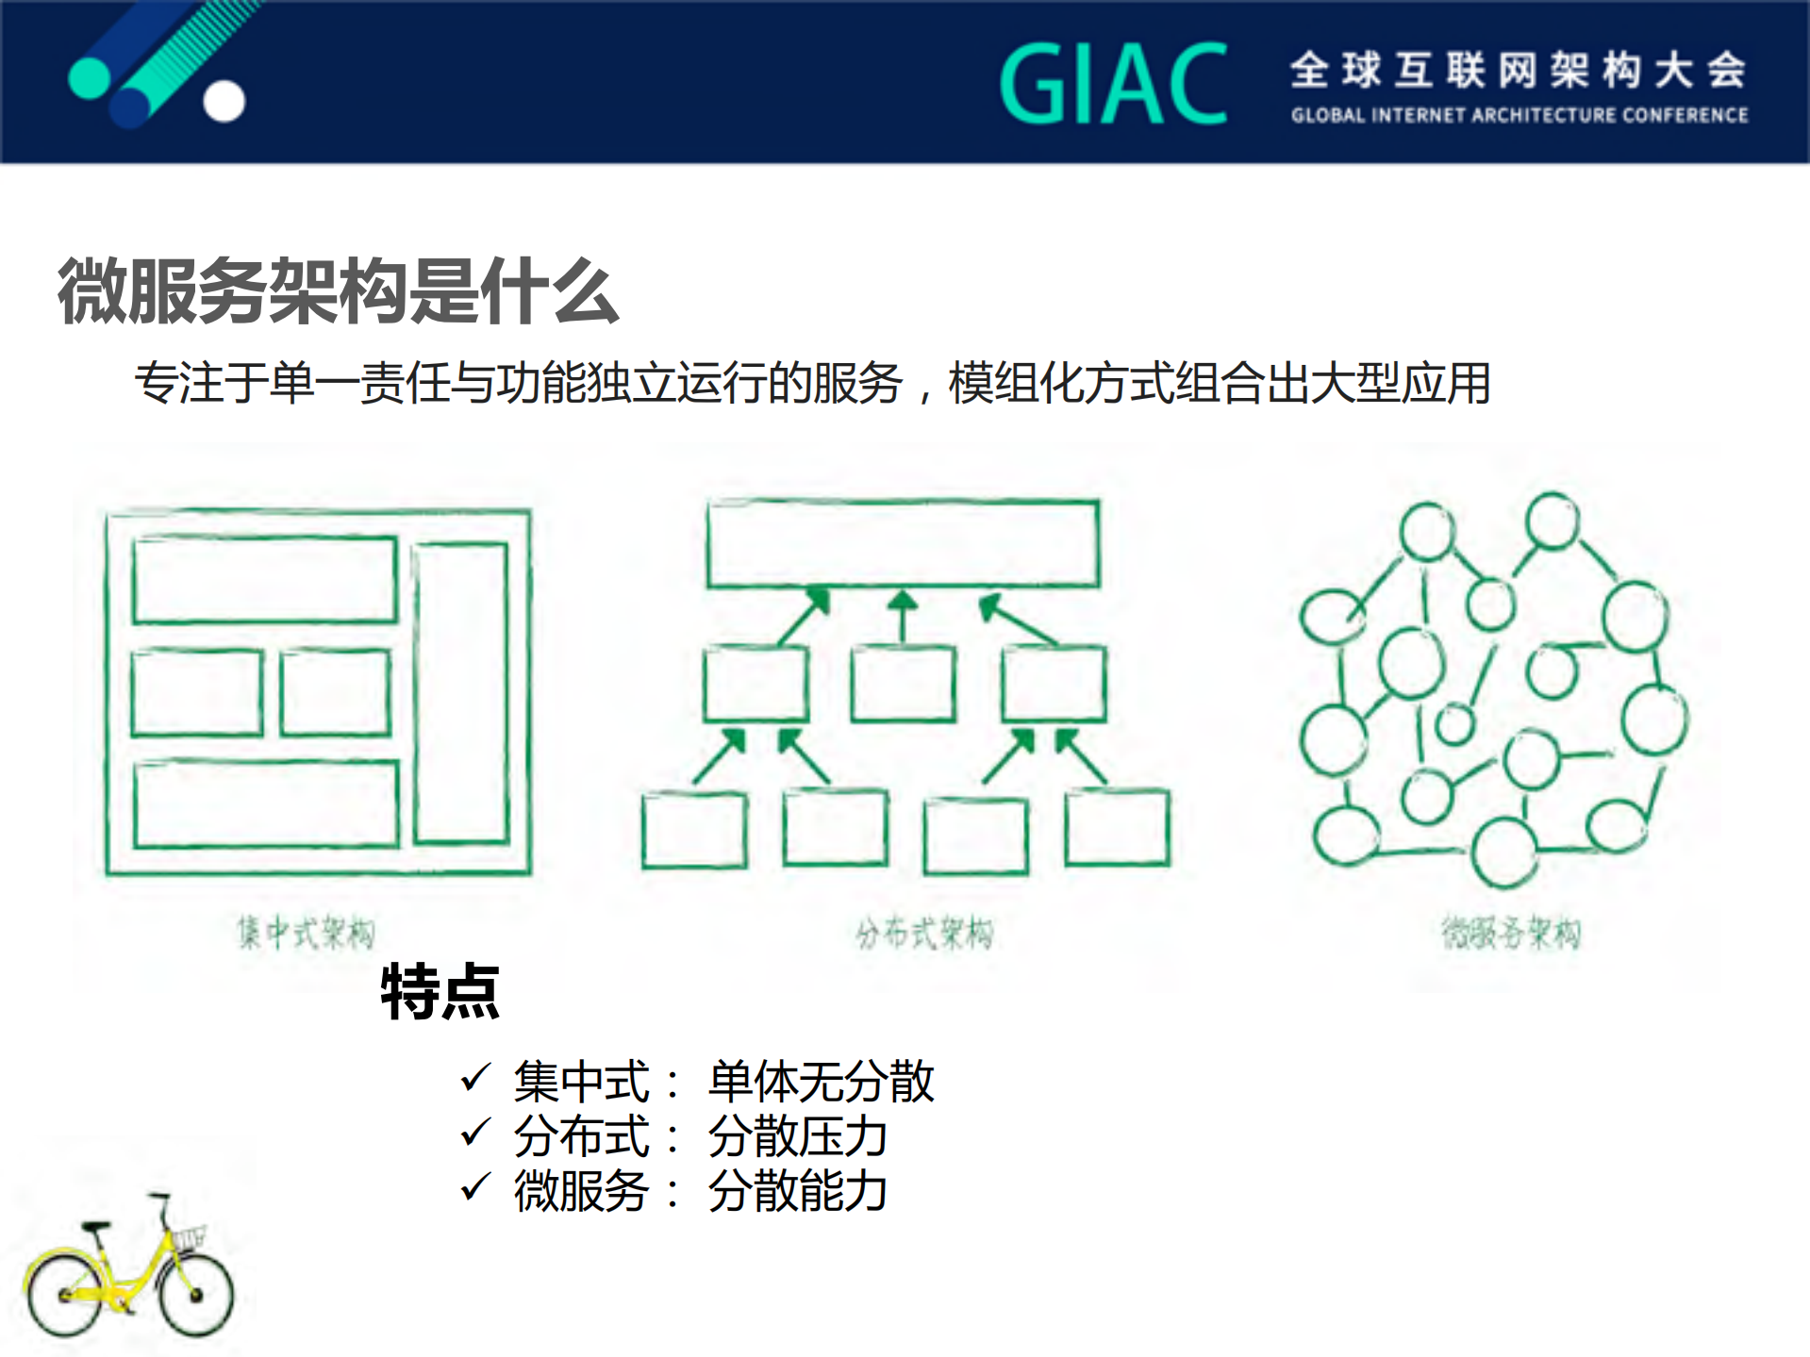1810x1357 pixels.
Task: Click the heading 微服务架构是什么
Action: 338,290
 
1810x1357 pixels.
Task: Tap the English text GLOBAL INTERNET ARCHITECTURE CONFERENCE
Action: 1519,115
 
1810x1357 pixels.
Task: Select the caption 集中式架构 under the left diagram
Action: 306,933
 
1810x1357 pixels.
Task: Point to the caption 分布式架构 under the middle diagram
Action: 924,933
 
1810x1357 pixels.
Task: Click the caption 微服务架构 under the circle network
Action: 1511,933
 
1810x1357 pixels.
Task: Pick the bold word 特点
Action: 440,991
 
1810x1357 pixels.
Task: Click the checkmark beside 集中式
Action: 475,1077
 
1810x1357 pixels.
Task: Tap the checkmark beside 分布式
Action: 475,1132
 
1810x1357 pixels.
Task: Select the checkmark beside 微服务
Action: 475,1186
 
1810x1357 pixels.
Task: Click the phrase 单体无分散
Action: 821,1081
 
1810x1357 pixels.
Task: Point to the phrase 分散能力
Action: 797,1190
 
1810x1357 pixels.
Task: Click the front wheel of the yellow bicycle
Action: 195,1294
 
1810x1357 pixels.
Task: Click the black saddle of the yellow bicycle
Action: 96,1226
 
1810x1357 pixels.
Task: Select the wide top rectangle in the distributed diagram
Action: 903,544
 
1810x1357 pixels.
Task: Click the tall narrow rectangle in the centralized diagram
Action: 461,692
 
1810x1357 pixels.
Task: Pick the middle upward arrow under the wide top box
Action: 903,615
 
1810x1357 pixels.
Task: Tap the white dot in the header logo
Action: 224,102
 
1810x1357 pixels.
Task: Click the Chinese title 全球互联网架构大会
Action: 1519,70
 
